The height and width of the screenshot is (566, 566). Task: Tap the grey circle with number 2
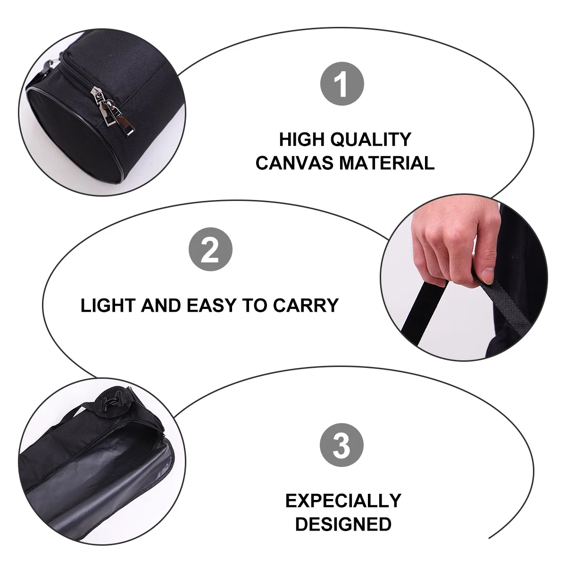tap(210, 250)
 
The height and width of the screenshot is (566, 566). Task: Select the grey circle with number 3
tap(342, 445)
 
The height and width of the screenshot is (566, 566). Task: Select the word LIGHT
tap(108, 306)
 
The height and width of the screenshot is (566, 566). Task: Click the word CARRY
tap(306, 306)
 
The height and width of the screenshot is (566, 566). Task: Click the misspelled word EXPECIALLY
tap(343, 500)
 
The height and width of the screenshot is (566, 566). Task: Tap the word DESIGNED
tap(343, 524)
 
